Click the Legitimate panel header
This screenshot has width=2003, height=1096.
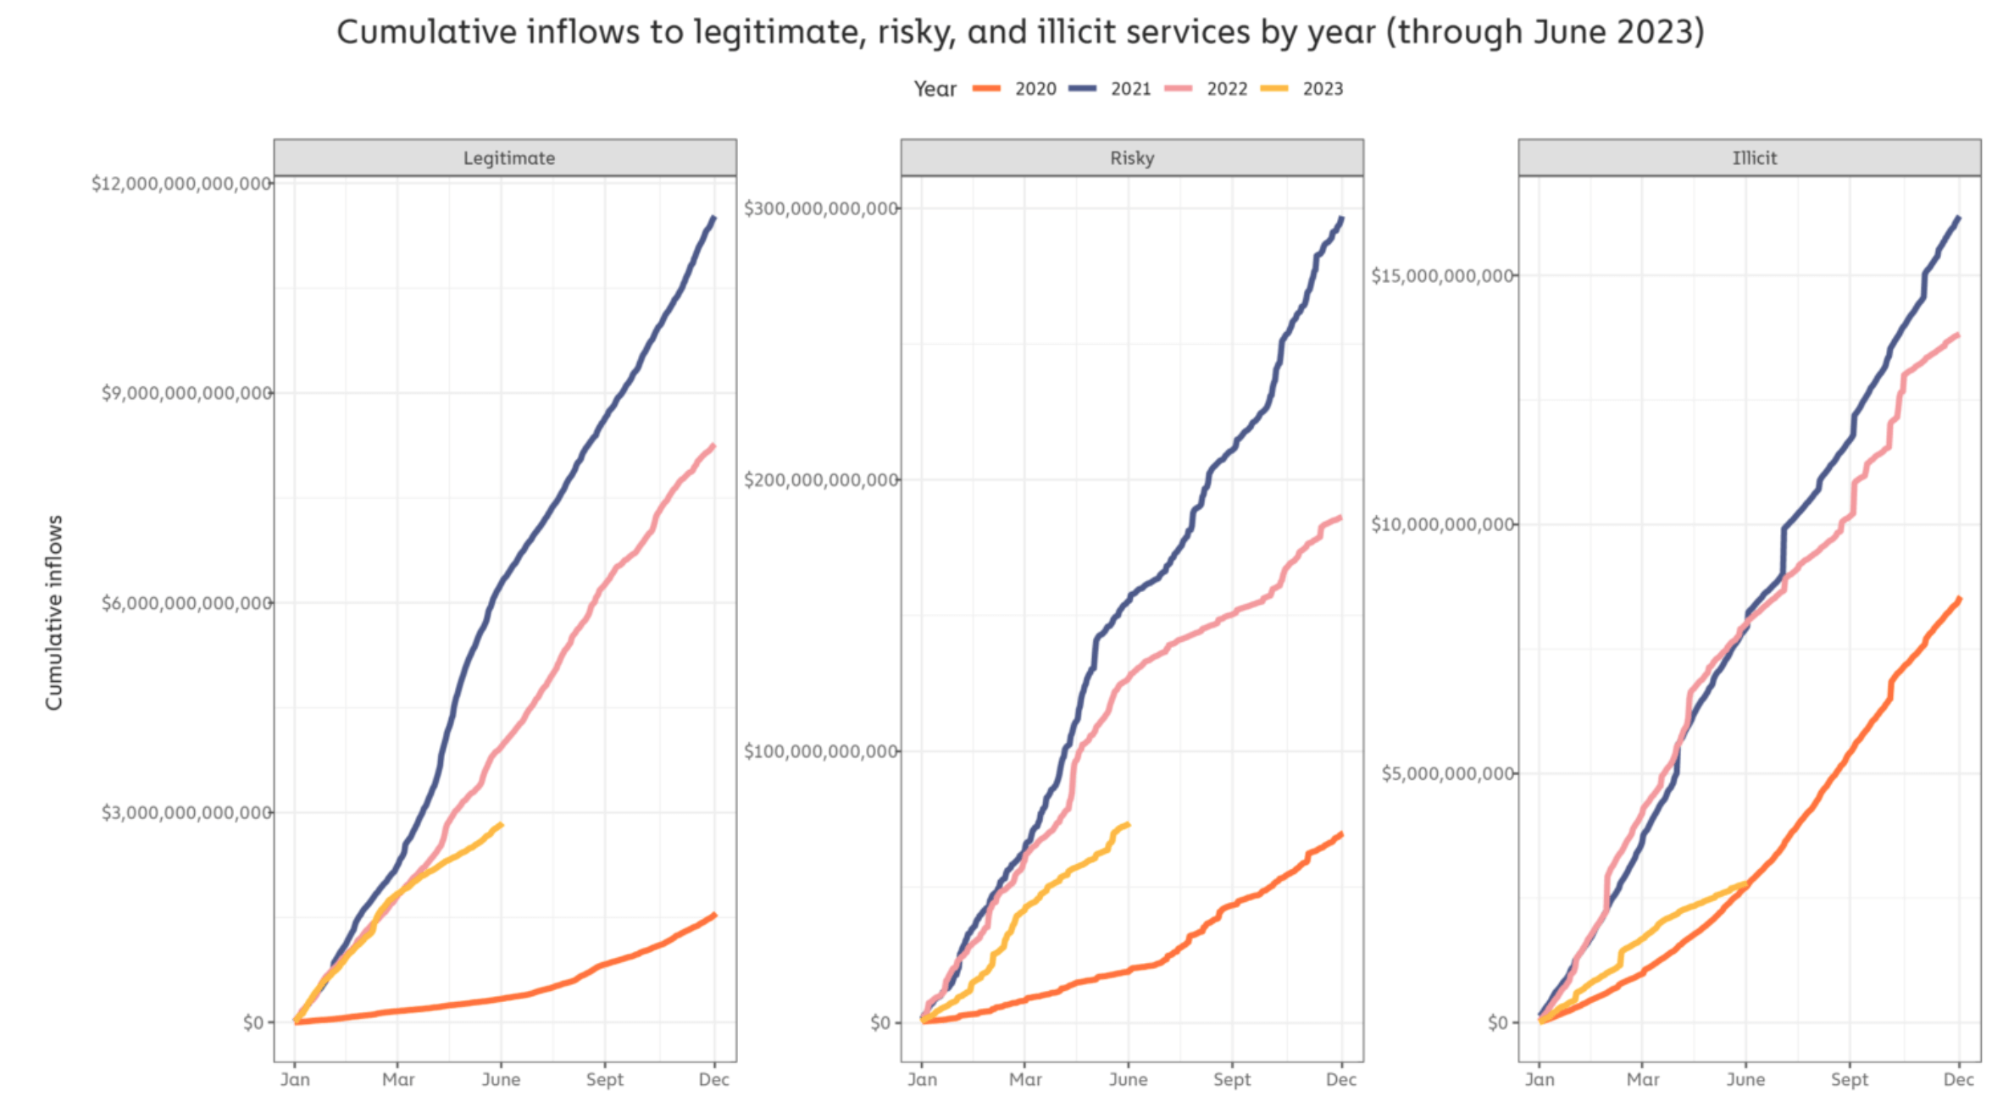tap(508, 158)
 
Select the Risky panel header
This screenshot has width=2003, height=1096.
tap(1132, 158)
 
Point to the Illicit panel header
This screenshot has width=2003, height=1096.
tap(1754, 158)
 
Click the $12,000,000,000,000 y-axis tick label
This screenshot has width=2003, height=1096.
tap(181, 184)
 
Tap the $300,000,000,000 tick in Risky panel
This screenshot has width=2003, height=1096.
tap(820, 208)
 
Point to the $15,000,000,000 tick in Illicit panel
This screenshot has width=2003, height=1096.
tap(1442, 275)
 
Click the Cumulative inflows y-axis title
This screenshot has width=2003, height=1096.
tap(54, 612)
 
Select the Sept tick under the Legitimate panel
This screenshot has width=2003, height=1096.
tap(604, 1080)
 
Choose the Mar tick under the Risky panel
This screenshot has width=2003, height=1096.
tap(1025, 1080)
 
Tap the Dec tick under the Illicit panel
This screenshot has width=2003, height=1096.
tap(1958, 1080)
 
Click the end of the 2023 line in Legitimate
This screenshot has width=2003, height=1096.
tap(502, 824)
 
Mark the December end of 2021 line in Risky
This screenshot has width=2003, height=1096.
tap(1342, 219)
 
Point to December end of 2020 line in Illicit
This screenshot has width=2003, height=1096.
tap(1960, 599)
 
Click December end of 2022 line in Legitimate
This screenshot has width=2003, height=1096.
tap(714, 446)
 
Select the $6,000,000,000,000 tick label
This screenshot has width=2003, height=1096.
tap(186, 603)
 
